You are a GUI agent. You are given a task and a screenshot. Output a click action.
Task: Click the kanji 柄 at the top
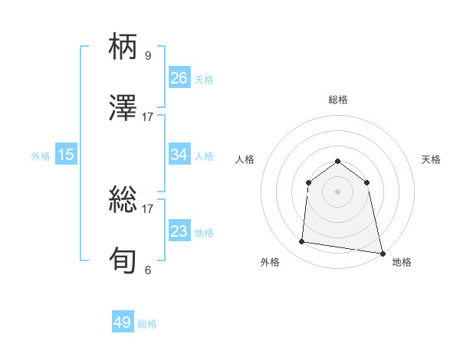[x=124, y=48]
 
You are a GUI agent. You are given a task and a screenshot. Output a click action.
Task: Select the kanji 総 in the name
[x=124, y=201]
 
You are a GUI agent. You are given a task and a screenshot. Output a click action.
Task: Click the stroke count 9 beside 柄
[x=148, y=56]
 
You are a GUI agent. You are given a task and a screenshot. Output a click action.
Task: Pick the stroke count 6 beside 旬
[x=148, y=270]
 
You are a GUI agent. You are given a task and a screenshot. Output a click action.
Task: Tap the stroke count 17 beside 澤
[x=148, y=116]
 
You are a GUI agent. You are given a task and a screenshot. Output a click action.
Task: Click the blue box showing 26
[x=179, y=78]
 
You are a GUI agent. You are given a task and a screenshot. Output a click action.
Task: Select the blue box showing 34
[x=179, y=155]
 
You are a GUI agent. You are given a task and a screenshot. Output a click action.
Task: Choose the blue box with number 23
[x=179, y=231]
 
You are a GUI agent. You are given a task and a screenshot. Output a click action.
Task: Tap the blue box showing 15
[x=66, y=155]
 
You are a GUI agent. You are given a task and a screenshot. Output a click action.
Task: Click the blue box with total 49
[x=123, y=322]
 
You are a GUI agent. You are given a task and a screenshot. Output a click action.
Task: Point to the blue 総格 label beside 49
[x=148, y=324]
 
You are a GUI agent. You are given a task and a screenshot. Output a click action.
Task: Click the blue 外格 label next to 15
[x=41, y=156]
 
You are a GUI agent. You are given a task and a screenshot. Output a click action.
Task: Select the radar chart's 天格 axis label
[x=431, y=159]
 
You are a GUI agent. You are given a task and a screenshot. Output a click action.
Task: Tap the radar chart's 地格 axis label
[x=402, y=262]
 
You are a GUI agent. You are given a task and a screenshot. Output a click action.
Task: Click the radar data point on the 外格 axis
[x=302, y=242]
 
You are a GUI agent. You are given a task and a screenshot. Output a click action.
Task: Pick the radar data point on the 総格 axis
[x=337, y=161]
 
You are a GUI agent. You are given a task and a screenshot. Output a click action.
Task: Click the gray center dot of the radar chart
[x=337, y=191]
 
